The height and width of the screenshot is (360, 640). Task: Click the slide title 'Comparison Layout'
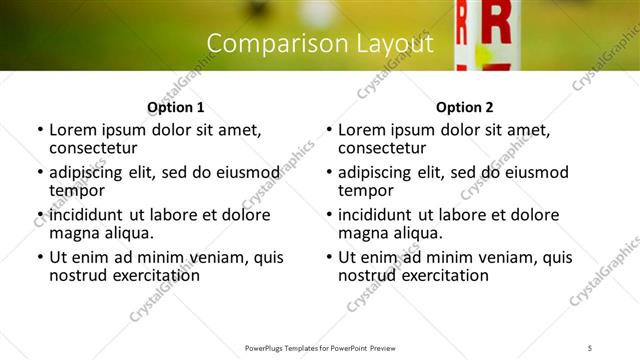(319, 44)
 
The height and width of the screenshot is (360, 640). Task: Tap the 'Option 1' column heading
(175, 107)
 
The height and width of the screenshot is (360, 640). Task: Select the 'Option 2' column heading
(464, 107)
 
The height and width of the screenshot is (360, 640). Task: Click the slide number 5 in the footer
(590, 347)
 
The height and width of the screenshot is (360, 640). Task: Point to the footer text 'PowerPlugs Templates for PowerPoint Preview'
(319, 347)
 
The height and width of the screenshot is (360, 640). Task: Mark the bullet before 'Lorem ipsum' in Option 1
(39, 130)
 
